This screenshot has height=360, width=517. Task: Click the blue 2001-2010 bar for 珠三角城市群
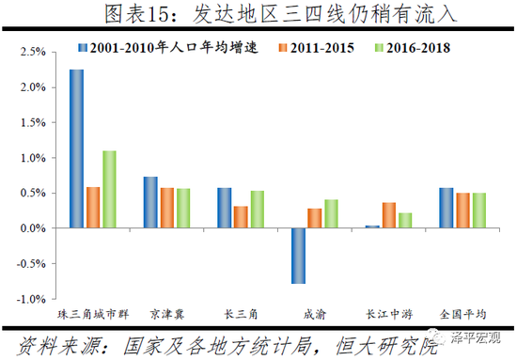coord(77,149)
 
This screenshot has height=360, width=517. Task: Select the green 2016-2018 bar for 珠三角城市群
coord(108,189)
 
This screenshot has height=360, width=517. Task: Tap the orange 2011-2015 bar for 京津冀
coord(166,208)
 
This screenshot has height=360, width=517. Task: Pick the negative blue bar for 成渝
coord(299,256)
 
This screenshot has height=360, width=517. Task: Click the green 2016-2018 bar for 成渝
coord(331,213)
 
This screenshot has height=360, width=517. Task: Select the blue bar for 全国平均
coord(446,208)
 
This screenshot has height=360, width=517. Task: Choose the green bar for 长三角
coord(257,209)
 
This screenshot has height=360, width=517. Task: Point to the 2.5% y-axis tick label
coord(31,53)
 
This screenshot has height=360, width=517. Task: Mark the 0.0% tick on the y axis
coord(31,228)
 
